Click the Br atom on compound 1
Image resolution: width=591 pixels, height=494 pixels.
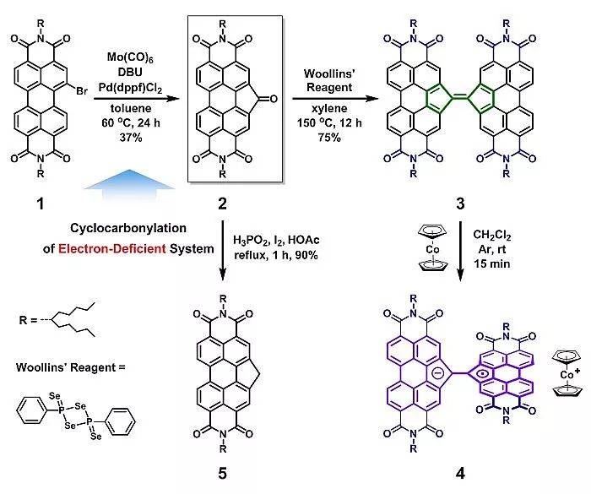(81, 91)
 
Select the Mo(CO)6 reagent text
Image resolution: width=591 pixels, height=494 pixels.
(130, 57)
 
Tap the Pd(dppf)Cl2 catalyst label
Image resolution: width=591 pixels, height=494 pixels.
(130, 88)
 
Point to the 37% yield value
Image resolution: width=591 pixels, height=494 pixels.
(130, 138)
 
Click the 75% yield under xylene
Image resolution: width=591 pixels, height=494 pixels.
(329, 138)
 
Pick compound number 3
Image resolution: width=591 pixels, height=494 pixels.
(460, 204)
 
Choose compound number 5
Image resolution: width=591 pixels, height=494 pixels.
(222, 473)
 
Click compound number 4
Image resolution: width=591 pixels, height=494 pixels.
(460, 473)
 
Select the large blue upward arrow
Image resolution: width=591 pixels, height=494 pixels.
(130, 183)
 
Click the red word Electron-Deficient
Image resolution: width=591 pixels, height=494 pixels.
(112, 248)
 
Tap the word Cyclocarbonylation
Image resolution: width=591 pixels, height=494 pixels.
(128, 228)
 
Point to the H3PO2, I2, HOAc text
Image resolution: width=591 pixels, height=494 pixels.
(276, 240)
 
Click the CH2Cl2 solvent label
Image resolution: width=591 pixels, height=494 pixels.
(492, 236)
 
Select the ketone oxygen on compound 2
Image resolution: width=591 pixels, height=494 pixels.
(274, 99)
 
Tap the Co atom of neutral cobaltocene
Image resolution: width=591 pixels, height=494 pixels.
(432, 249)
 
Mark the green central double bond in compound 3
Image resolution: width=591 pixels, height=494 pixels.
(460, 98)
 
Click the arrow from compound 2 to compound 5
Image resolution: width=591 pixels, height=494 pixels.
(222, 251)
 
